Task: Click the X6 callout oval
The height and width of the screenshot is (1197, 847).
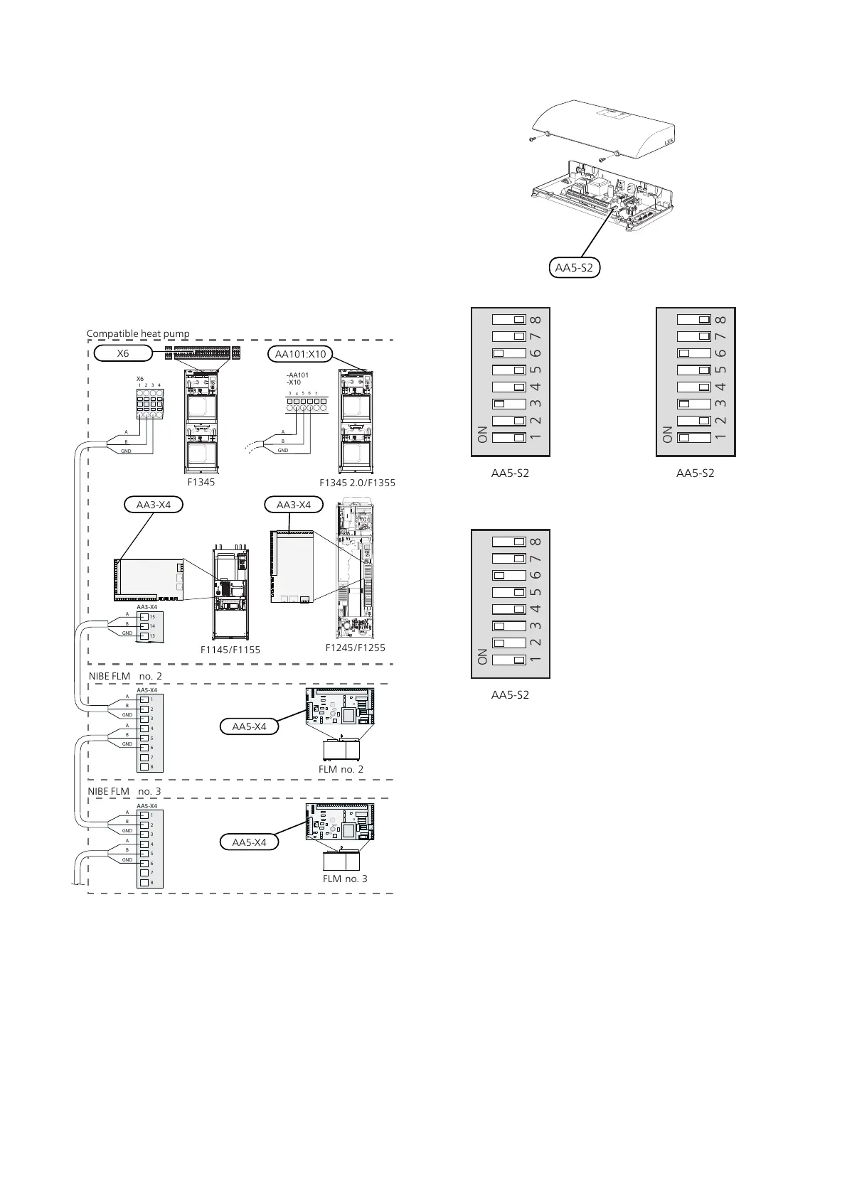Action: click(123, 353)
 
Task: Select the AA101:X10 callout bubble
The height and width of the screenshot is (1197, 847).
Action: click(300, 353)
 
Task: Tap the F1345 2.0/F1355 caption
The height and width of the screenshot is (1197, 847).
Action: click(357, 483)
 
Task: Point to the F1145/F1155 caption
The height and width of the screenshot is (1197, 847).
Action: click(230, 650)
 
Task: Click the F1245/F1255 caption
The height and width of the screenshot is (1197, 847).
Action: click(355, 648)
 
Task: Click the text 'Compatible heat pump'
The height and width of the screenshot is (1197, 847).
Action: click(138, 333)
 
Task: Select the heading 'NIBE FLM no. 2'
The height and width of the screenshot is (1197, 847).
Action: click(125, 676)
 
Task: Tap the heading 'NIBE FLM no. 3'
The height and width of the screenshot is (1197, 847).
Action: click(124, 791)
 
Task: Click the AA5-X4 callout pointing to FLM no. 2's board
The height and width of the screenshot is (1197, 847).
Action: click(249, 726)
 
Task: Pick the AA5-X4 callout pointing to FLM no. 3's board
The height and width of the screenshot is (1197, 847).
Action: click(249, 842)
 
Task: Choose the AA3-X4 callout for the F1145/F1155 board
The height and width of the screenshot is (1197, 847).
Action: click(153, 505)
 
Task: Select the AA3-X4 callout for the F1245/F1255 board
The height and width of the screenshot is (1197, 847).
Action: click(294, 505)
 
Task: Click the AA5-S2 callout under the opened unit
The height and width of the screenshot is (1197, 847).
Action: click(575, 268)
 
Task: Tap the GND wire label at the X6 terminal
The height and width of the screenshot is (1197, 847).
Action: click(126, 451)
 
